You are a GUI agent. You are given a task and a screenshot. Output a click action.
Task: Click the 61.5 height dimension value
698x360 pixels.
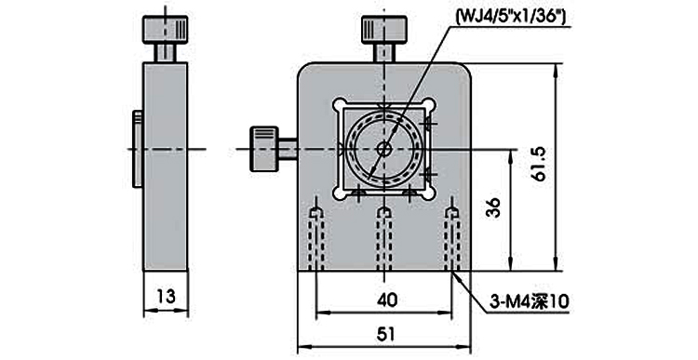coord(540,165)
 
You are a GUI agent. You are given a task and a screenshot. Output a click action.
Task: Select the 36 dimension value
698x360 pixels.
coord(493,207)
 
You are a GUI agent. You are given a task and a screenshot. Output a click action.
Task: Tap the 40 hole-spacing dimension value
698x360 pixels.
coord(386,300)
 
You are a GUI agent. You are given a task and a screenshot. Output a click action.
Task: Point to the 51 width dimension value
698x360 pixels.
coord(385,334)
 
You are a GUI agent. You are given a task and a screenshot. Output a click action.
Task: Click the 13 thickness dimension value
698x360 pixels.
coord(166,296)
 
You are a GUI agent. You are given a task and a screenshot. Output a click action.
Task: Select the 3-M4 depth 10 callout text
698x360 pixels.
coord(530,302)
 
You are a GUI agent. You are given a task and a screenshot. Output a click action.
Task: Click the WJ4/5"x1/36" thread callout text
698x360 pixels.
coord(511,17)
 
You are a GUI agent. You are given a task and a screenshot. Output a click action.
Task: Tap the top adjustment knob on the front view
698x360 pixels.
coord(383,30)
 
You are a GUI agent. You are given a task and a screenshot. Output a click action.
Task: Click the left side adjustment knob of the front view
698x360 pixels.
coord(265,149)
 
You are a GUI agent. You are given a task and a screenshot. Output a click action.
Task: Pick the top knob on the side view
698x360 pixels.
coord(165,30)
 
